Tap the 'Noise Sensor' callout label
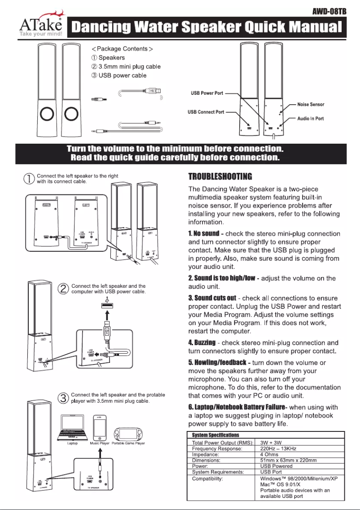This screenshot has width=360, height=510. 311,104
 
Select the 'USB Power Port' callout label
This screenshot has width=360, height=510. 206,93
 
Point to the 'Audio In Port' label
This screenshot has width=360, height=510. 311,119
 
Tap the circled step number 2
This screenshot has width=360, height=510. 64,289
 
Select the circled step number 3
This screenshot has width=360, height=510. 64,398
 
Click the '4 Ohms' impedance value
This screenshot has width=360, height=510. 269,454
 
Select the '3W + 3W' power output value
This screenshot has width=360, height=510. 271,443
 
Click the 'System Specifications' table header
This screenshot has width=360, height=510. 215,435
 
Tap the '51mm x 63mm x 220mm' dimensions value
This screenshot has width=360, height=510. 289,460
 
